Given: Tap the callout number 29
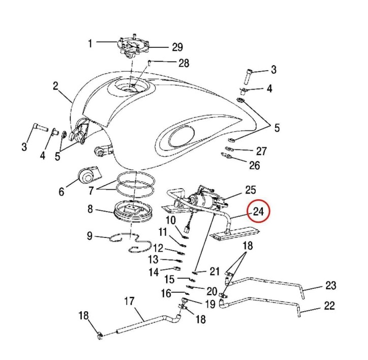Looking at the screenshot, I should [x=176, y=47].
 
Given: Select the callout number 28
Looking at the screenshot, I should [x=183, y=63].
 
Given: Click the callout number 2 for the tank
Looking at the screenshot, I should [x=55, y=86].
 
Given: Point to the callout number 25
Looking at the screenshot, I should [x=251, y=190].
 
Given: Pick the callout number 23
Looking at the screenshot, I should [x=330, y=286].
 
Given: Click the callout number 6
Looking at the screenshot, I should [x=62, y=192].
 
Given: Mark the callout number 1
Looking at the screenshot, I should [x=90, y=43].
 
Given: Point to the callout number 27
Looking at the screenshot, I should [x=261, y=151].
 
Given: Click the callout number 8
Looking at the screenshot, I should [x=89, y=208].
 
